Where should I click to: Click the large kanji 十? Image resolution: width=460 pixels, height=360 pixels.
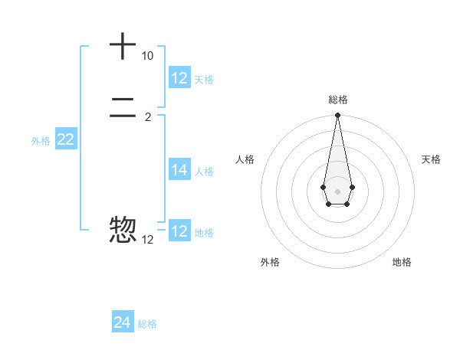click(x=123, y=46)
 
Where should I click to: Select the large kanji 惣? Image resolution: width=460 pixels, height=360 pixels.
click(x=123, y=230)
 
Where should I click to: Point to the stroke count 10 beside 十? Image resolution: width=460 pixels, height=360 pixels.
click(x=147, y=56)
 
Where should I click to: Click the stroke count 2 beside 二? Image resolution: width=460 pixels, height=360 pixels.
click(x=147, y=117)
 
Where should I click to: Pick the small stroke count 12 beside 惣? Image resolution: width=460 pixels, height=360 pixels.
click(x=147, y=240)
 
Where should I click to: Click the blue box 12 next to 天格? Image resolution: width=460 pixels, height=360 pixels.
click(x=179, y=78)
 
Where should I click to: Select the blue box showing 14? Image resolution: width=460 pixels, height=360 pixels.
click(x=179, y=170)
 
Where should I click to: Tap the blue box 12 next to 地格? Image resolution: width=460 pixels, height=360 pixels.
click(x=179, y=231)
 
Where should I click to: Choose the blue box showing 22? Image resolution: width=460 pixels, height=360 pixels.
click(x=66, y=139)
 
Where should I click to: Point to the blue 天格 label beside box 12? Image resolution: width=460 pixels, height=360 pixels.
click(x=204, y=80)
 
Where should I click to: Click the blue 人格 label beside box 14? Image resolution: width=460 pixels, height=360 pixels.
click(x=204, y=172)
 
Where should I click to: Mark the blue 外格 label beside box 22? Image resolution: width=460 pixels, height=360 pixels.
click(x=41, y=141)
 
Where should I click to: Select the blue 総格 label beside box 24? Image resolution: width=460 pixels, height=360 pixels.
click(x=147, y=324)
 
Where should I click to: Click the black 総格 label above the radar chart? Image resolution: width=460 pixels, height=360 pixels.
click(x=338, y=100)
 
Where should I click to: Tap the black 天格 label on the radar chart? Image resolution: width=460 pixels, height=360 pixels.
click(x=431, y=159)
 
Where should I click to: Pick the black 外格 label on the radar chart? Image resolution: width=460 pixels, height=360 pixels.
click(x=270, y=262)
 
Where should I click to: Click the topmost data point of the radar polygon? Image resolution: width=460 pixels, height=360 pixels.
click(x=337, y=116)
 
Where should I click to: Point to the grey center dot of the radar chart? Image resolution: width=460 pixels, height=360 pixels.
click(x=337, y=191)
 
